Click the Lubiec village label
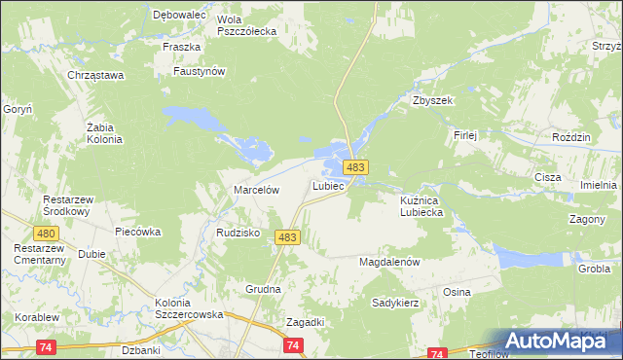tap(329, 185)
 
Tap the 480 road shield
tap(46, 234)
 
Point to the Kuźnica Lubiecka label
tap(421, 205)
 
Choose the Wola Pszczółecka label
tap(246, 25)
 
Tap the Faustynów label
tap(199, 71)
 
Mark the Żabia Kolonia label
tap(104, 133)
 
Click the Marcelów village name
tap(256, 190)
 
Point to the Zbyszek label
tap(433, 100)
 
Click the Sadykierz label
tap(395, 303)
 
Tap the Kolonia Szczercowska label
tap(190, 308)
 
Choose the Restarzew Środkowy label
tap(66, 205)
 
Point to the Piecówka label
tap(137, 233)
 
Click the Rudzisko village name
tap(237, 233)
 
